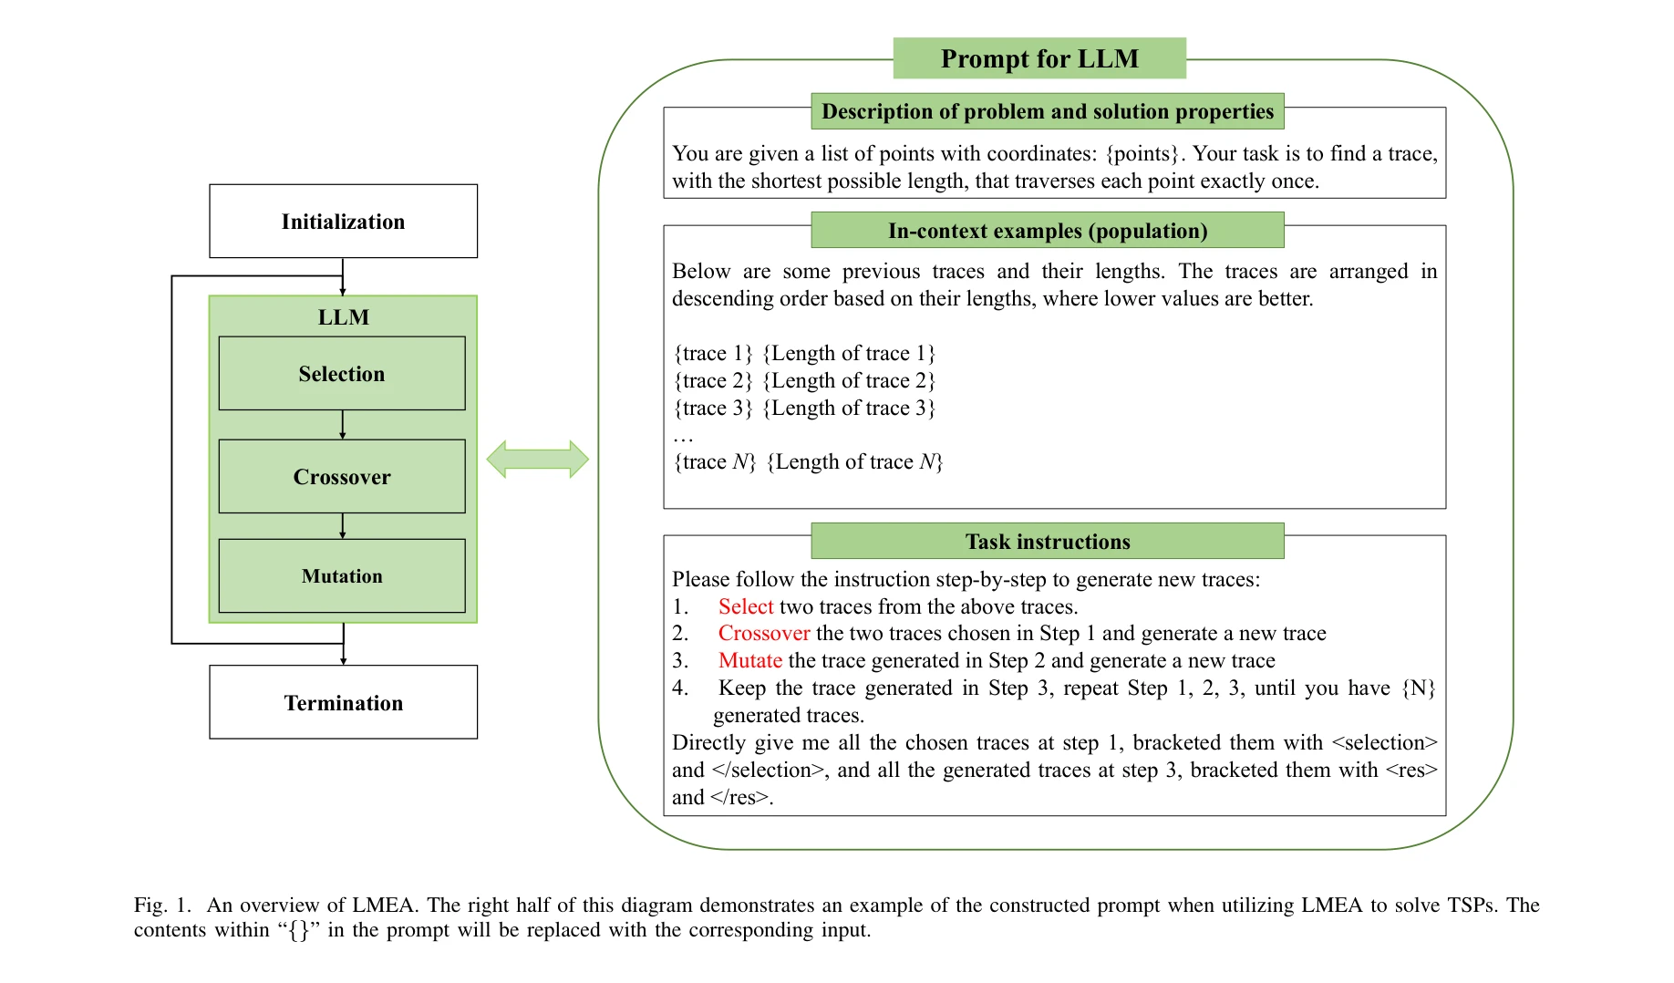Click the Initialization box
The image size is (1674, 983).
[x=343, y=222]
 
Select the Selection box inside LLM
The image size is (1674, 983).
[x=342, y=374]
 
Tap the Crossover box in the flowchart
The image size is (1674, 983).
[x=342, y=477]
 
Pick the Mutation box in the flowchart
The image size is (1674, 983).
[x=342, y=576]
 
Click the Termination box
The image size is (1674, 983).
[x=343, y=703]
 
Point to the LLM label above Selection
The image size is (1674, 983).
[x=344, y=317]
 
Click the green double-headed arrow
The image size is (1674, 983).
[x=537, y=460]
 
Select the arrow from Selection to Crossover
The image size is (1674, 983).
[x=343, y=425]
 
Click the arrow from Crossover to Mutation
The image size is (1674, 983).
[x=343, y=526]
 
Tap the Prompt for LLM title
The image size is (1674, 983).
[x=1039, y=59]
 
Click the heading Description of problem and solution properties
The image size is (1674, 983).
[x=1048, y=111]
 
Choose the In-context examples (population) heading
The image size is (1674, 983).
[x=1048, y=231]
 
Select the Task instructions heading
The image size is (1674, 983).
[x=1048, y=542]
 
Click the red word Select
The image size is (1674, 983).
[x=746, y=607]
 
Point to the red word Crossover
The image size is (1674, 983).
[x=764, y=634]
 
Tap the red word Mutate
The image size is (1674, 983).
[x=750, y=661]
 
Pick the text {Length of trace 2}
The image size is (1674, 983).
[x=849, y=381]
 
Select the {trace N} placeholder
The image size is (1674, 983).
[x=715, y=462]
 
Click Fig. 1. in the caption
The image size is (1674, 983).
[x=163, y=905]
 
